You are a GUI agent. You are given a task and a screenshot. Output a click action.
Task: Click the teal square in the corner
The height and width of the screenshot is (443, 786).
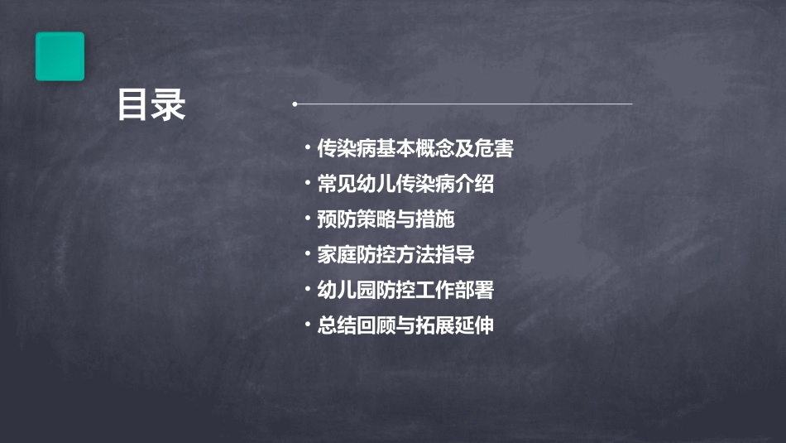pos(60,56)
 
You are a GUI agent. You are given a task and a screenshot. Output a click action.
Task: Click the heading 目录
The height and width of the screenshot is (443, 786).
pos(151,105)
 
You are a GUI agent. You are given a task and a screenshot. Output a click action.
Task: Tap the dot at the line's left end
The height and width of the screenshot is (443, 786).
pos(295,104)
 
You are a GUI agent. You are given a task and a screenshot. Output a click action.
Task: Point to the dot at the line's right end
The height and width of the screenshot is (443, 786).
pos(631,104)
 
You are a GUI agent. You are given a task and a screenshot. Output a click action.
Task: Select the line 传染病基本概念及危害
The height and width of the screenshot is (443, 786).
pos(415,149)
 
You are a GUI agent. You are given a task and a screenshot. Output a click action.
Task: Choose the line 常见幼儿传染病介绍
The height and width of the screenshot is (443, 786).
pos(405,184)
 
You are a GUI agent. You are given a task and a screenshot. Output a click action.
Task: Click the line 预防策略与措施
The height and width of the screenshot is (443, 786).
pos(386,219)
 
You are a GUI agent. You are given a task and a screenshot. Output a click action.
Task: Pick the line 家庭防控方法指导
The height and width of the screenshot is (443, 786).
pos(395,255)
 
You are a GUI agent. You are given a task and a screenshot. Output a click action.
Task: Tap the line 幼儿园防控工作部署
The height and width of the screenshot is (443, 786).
pos(405,290)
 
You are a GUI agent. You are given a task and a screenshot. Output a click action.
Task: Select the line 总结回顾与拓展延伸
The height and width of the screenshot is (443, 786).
pos(405,325)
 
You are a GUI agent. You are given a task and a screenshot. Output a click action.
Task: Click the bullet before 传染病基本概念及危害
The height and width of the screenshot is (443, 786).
pos(308,149)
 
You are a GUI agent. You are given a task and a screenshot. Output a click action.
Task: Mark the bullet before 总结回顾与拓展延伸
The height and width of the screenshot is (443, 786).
pos(308,325)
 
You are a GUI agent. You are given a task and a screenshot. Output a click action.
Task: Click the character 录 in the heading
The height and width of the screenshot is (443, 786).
pos(169,105)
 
